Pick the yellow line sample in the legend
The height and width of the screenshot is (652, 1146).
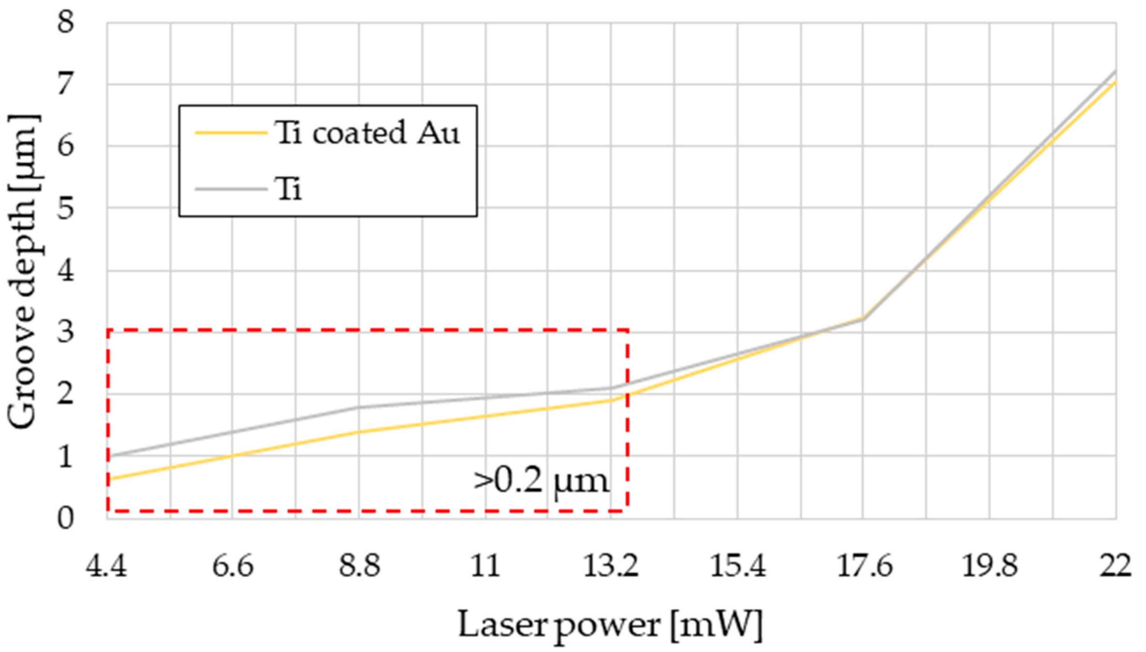(x=231, y=133)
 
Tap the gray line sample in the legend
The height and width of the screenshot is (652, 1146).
(x=231, y=189)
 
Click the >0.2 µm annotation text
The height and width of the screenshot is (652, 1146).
(x=541, y=482)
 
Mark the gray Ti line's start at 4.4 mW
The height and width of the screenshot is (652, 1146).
(x=108, y=456)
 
